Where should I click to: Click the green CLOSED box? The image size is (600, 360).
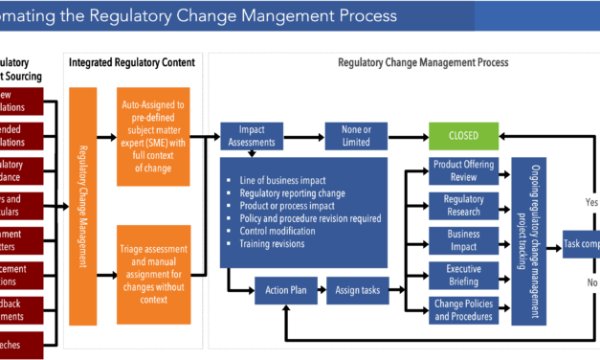coord(464,135)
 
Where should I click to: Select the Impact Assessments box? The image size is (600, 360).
coord(252,135)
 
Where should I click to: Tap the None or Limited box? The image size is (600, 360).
coord(356,135)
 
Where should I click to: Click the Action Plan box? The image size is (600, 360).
coord(286,289)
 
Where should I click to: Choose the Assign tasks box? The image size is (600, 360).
coord(357,289)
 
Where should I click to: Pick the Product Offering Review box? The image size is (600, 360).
coord(464,170)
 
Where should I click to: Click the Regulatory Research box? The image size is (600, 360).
coord(464,206)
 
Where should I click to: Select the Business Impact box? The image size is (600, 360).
coord(464,240)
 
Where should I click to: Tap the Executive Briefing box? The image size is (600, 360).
coord(464,276)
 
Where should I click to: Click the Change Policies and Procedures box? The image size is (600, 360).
coord(464,310)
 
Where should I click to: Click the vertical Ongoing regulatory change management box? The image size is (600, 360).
coord(529,240)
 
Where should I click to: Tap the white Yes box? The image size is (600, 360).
coord(589,202)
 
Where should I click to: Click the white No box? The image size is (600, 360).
coord(589,282)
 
